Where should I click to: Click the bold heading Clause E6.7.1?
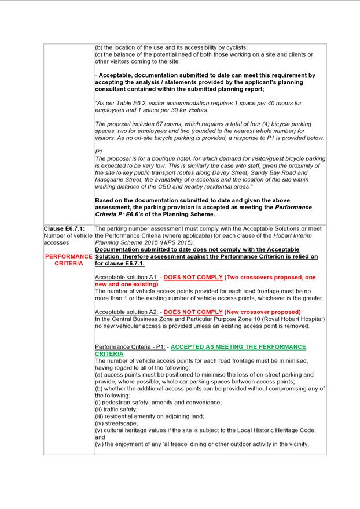click(64, 229)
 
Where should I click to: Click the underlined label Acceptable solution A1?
click(126, 278)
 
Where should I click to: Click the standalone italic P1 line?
click(98, 152)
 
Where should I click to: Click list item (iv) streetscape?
click(116, 423)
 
